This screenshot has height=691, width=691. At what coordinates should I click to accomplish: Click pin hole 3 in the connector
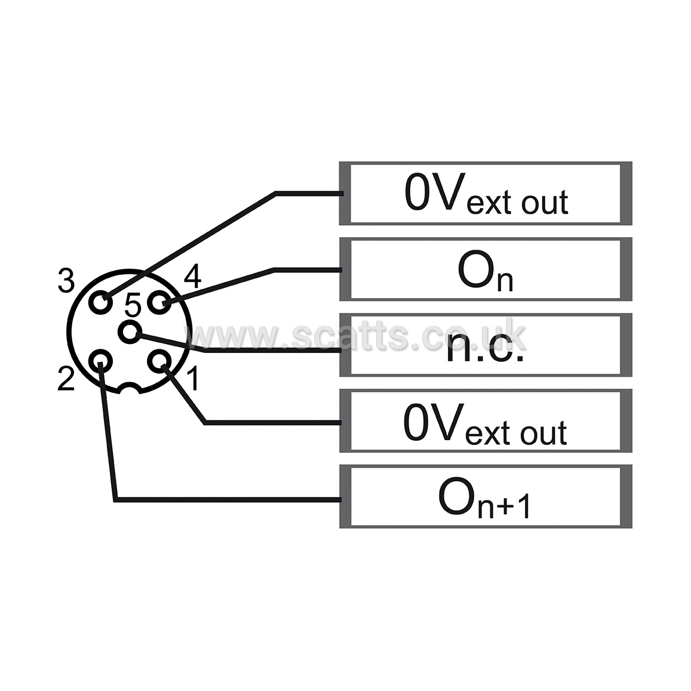(101, 303)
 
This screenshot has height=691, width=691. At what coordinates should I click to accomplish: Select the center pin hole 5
(130, 332)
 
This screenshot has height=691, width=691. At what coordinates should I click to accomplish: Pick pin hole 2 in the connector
(101, 361)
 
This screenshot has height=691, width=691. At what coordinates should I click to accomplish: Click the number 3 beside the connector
(66, 280)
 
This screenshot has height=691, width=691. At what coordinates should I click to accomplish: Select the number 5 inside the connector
(133, 305)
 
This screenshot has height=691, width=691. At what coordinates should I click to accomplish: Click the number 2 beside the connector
(66, 379)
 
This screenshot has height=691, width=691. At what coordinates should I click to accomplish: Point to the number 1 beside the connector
(193, 379)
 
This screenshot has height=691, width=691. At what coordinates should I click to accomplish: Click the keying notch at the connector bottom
(130, 388)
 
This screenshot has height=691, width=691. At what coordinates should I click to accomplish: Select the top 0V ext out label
(486, 194)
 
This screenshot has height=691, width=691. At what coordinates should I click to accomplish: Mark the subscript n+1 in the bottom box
(504, 505)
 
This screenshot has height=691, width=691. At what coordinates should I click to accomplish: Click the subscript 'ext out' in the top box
(517, 203)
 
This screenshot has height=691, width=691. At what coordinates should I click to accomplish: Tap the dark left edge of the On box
(345, 269)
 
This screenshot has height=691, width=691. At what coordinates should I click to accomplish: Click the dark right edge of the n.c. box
(626, 345)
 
